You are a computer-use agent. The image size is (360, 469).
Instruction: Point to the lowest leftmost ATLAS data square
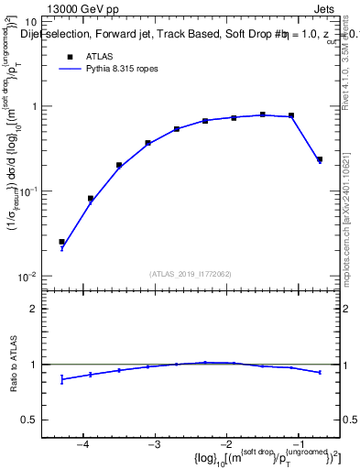point(61,242)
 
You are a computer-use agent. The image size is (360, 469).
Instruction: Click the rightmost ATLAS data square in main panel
point(320,159)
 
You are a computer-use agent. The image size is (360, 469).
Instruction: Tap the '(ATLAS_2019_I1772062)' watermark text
point(190,273)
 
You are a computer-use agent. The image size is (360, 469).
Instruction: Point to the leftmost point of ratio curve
point(61,379)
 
